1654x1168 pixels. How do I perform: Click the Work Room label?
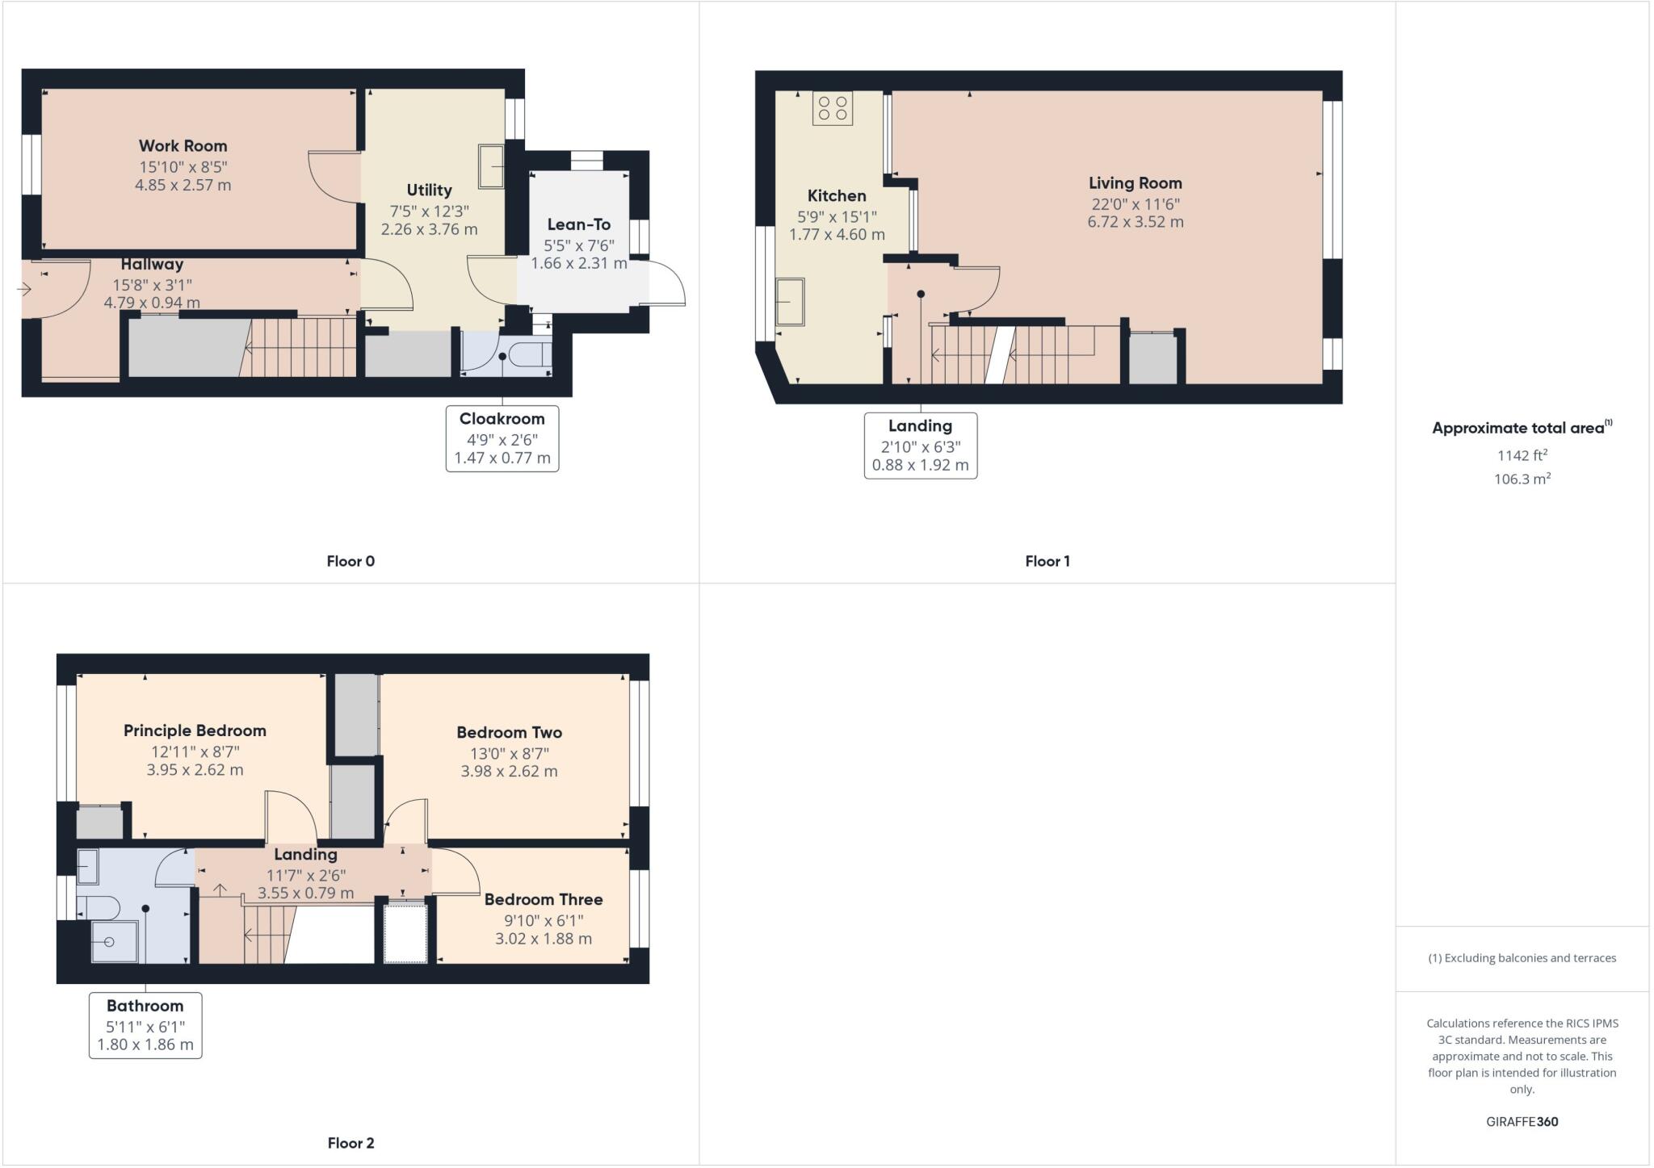(183, 146)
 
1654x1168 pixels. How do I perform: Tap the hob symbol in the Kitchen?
(833, 109)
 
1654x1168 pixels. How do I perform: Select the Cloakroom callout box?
(502, 438)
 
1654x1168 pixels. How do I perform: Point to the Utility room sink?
(490, 166)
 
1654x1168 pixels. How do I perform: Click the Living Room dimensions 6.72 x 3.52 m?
(1135, 222)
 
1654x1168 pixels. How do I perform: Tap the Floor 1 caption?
(1047, 561)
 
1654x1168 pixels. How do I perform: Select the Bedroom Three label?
(543, 899)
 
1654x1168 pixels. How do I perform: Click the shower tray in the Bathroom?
(109, 942)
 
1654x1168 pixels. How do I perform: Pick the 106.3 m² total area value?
(1522, 479)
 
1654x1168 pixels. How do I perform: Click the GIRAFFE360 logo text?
(1522, 1121)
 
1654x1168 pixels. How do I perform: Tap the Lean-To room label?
(578, 224)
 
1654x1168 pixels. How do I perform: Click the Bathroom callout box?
(145, 1025)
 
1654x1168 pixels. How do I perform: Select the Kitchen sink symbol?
(790, 302)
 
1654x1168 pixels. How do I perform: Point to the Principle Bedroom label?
(195, 731)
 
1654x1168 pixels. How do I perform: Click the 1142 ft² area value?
(1522, 455)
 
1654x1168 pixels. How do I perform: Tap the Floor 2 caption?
(351, 1142)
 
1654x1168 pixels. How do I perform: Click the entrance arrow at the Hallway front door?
(23, 288)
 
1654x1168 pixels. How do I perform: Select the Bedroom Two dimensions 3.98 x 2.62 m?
(509, 771)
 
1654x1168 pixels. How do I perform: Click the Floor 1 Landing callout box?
(920, 446)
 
